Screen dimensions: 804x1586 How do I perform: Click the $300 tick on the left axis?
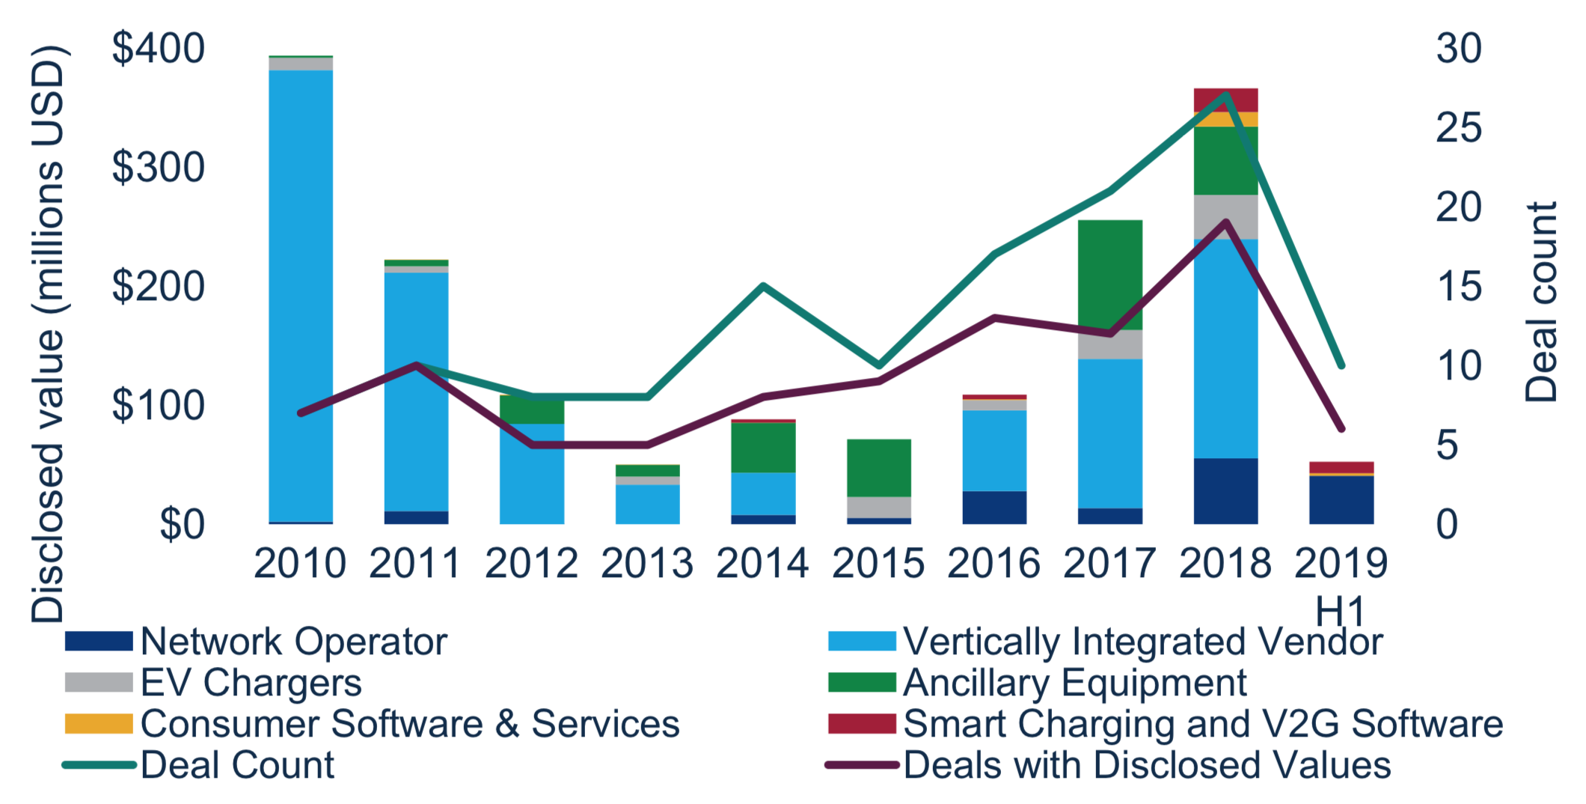[x=158, y=168]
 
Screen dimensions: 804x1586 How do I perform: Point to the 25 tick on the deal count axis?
[x=1458, y=128]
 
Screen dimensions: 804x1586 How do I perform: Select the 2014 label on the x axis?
[x=762, y=564]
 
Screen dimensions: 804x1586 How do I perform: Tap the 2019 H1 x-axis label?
[x=1341, y=584]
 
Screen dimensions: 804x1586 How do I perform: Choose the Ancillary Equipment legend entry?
[x=1074, y=683]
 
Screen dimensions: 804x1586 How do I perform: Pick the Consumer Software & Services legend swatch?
[x=99, y=724]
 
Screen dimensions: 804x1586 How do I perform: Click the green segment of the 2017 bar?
[x=1110, y=275]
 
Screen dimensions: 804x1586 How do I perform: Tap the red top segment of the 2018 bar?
[x=1225, y=100]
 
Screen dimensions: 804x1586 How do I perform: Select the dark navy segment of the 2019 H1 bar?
[x=1341, y=499]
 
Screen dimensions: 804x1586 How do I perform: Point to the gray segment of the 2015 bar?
[x=879, y=507]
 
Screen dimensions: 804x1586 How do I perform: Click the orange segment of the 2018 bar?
[x=1225, y=119]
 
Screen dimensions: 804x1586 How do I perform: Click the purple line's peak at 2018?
[x=1225, y=222]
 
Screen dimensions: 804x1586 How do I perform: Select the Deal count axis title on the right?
[x=1542, y=301]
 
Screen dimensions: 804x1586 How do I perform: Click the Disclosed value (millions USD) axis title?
[x=48, y=333]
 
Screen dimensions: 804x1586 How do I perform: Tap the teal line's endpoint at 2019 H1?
[x=1341, y=366]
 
